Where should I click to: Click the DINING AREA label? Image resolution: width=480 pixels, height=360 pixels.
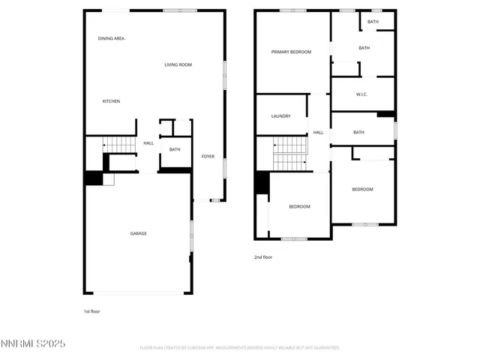pos(111,38)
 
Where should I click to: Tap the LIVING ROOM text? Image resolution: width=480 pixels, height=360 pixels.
pos(178,65)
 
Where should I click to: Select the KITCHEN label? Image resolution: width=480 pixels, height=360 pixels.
pos(111,101)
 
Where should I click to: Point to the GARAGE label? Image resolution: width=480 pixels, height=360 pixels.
pos(139,233)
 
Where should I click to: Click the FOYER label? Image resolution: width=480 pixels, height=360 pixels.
pos(208,157)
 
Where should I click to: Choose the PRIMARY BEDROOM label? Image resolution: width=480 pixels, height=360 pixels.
pos(291,52)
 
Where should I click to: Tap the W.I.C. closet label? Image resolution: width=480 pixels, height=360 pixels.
pos(361,94)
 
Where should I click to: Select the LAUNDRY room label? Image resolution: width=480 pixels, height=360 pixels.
pos(280,116)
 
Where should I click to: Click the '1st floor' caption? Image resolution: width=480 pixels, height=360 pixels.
pos(91,310)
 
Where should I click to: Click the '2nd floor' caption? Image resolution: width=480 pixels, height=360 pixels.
pos(263,257)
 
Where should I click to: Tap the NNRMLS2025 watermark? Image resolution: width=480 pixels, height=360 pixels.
pos(34,344)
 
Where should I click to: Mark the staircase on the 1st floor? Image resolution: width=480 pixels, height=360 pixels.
pos(117,144)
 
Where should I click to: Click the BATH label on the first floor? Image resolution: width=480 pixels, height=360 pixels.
pos(175,149)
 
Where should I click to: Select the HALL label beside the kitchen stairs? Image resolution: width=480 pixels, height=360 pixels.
pos(148,143)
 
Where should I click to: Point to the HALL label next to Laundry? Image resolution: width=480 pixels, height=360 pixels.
pos(319,133)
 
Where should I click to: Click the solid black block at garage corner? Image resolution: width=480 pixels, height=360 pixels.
pos(93,178)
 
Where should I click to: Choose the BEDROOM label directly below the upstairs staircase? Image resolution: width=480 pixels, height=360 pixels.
pos(299,206)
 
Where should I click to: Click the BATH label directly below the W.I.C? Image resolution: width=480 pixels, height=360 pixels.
pos(358,133)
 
